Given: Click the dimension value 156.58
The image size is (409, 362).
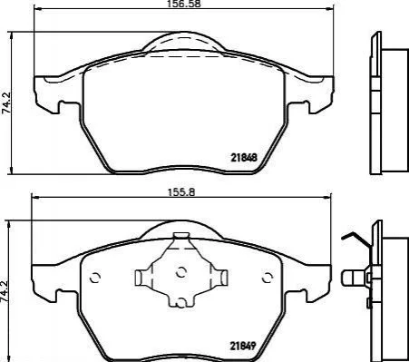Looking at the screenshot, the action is [x=183, y=4].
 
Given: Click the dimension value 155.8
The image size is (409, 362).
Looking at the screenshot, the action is [x=181, y=191].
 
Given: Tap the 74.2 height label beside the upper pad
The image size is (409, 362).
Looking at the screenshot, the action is [x=6, y=103].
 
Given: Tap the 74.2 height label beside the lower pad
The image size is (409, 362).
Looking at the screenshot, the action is [x=5, y=291].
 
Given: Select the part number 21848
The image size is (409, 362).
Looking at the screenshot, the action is [x=244, y=157].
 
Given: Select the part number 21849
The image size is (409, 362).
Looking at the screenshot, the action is [x=243, y=346].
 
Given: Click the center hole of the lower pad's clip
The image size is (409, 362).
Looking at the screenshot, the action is [x=180, y=273].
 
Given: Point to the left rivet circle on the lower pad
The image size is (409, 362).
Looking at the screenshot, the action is [x=95, y=278].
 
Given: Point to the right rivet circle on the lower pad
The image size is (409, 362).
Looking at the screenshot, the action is [x=268, y=278].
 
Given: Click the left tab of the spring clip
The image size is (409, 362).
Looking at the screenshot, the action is [x=141, y=278].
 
